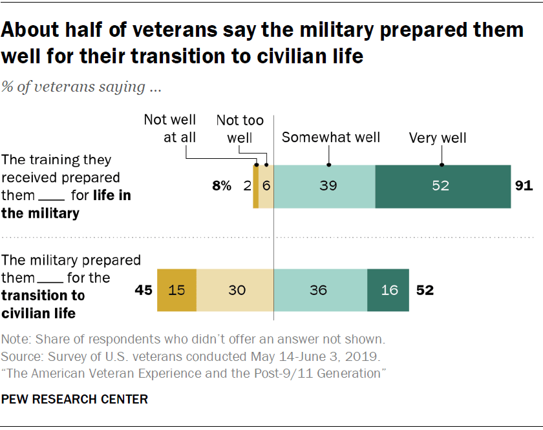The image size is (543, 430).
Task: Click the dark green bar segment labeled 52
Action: pos(443,186)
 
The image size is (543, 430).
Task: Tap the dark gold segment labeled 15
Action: pos(177,290)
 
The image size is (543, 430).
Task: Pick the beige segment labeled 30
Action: pos(235,290)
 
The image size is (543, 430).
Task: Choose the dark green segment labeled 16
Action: pos(388,290)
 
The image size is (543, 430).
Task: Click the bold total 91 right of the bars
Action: pos(524,186)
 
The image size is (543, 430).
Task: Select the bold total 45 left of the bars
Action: pos(144,290)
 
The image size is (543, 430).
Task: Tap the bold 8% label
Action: pos(222,186)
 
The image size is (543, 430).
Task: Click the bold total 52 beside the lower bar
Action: pos(424,290)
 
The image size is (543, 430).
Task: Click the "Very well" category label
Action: pos(438,138)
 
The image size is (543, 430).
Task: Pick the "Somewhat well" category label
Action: pos(331,137)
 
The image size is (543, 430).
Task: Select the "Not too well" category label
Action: pos(240,128)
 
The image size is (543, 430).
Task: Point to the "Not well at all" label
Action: pos(169,128)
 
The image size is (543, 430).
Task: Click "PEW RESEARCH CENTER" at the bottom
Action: pos(75,399)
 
